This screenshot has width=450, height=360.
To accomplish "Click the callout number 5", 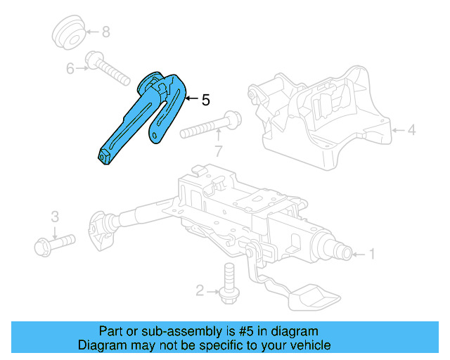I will click(x=205, y=101).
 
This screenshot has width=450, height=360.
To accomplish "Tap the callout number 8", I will click(x=105, y=32).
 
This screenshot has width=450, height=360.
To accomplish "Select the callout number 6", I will click(x=70, y=68).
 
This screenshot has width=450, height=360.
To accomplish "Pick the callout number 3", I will click(x=55, y=217).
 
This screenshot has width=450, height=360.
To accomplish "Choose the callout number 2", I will click(x=200, y=290).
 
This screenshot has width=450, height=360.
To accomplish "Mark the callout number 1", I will click(x=373, y=254).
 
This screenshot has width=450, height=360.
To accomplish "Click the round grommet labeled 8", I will click(x=68, y=32).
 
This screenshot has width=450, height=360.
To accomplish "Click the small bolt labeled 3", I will click(x=53, y=243).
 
